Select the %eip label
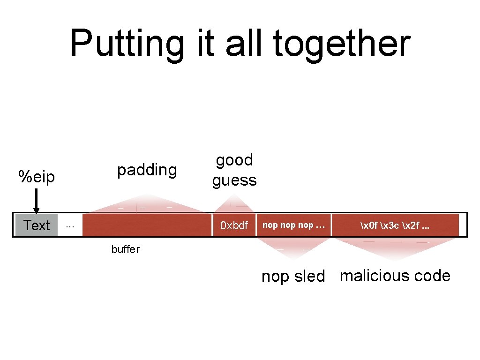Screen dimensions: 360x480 point(37,177)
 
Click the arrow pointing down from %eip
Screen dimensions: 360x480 point(36,202)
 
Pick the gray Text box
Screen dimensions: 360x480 point(37,225)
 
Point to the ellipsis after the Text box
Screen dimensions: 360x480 point(70,225)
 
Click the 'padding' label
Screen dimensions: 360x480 point(147,170)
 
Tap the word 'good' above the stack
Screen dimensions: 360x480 point(234,160)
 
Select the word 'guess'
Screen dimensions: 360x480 point(234,180)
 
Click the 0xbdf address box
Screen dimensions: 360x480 point(234,225)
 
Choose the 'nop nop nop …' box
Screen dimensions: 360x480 point(293,225)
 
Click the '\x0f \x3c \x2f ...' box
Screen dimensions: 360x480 point(395,225)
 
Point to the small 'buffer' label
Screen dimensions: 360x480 point(125,249)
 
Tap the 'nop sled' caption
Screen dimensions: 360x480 point(293,276)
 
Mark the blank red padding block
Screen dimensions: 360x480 point(147,225)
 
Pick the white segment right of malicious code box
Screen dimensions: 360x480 point(463,225)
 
